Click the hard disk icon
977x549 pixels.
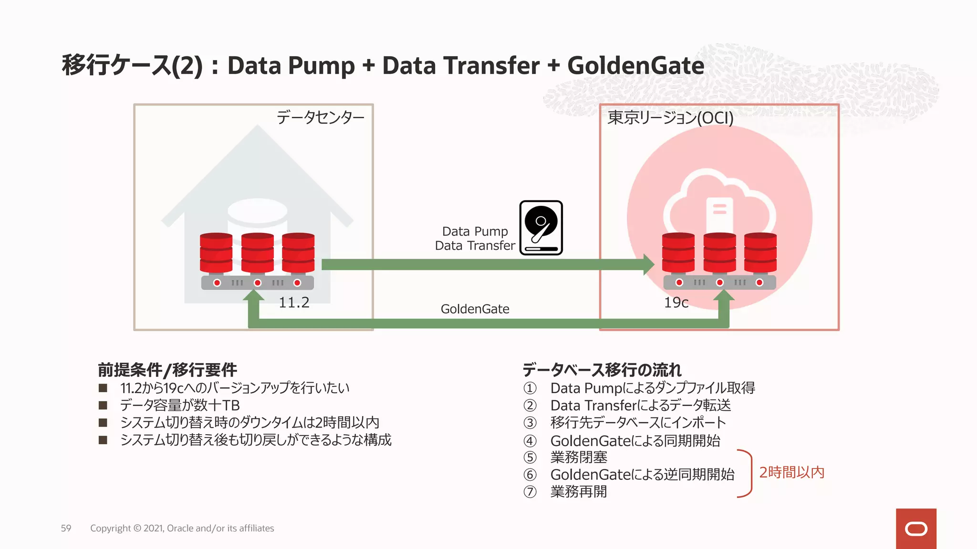pos(541,228)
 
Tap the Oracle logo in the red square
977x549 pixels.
pos(916,529)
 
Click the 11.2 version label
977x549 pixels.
pos(294,303)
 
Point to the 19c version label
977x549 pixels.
pos(676,303)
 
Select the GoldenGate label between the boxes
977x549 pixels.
pos(475,309)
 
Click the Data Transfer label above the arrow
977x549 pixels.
pos(475,246)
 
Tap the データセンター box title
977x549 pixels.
pos(320,117)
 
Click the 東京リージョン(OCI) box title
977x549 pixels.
pos(670,118)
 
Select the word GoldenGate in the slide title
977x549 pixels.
pos(635,66)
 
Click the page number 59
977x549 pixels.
pos(66,528)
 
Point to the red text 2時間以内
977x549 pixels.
pos(791,472)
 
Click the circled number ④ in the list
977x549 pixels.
pos(530,441)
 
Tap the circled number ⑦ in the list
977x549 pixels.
pos(530,492)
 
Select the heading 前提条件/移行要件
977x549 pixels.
pos(167,370)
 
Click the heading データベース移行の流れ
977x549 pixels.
pos(602,370)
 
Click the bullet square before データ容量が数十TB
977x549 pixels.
pos(103,405)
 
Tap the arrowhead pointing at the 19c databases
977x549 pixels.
pos(648,264)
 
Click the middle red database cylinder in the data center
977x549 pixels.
pos(258,253)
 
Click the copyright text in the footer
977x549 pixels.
pos(182,528)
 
